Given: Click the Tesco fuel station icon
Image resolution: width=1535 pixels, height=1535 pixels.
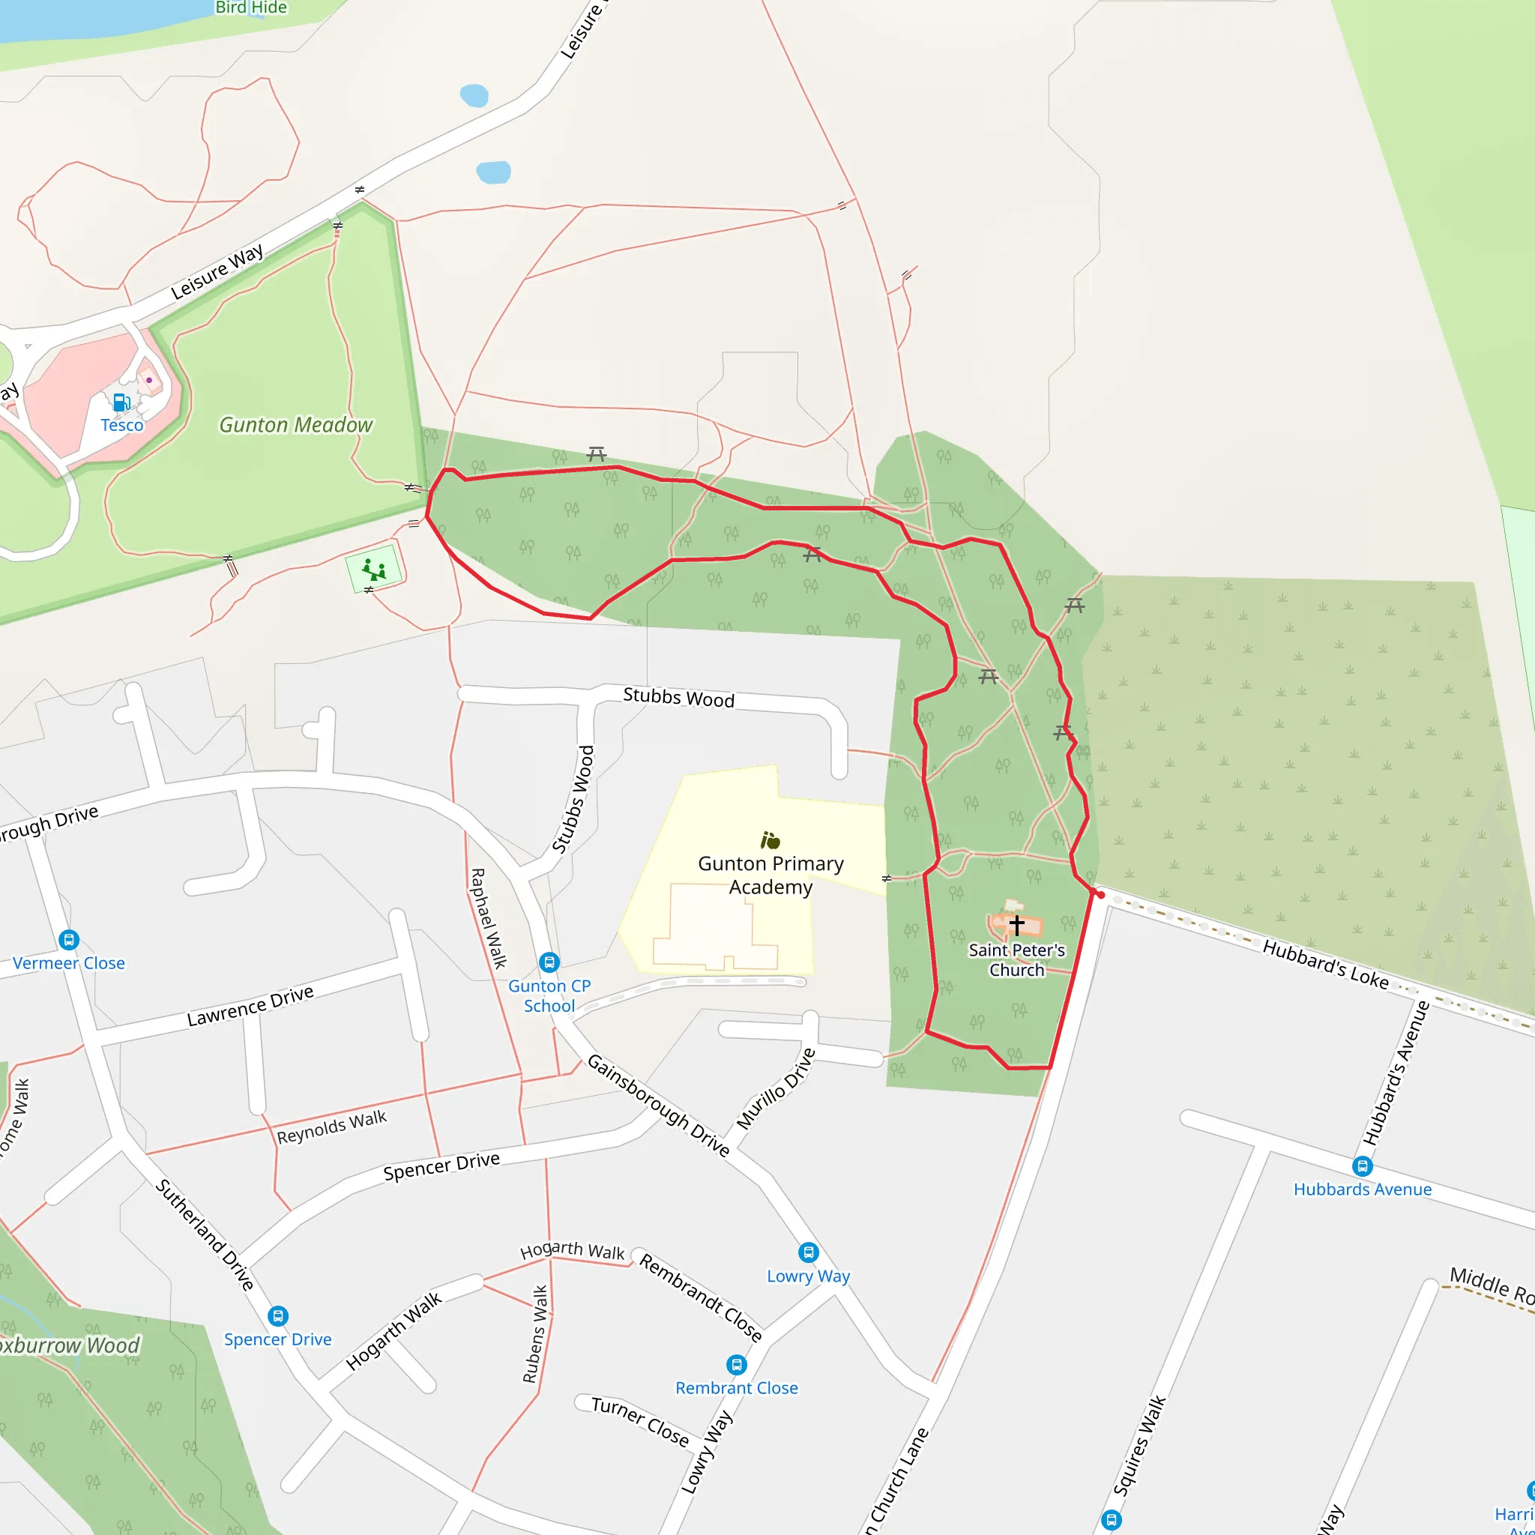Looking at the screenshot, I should pos(121,402).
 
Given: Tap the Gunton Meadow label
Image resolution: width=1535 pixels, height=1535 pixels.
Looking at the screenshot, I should pos(295,425).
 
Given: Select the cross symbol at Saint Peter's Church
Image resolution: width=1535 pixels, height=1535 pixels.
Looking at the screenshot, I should pos(1016,925).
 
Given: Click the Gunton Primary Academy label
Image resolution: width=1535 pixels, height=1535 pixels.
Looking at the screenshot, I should pos(770,875).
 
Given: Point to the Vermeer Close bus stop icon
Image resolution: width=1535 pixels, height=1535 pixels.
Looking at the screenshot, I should pos(69,940).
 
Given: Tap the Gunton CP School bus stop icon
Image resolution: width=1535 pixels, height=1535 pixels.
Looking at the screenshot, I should pos(549,962).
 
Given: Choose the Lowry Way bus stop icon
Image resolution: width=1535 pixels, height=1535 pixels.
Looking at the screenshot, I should pos(808,1253).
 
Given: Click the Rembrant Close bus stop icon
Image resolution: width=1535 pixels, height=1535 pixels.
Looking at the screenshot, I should pos(737,1365).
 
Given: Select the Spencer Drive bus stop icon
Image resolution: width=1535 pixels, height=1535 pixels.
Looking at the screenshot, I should pos(277,1316).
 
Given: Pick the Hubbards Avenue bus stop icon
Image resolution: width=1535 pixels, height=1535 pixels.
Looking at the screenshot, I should pos(1363,1166).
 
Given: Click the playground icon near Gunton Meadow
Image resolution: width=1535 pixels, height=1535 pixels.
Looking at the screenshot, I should pos(373,570).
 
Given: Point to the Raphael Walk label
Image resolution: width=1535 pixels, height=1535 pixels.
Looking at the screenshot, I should pos(489,918).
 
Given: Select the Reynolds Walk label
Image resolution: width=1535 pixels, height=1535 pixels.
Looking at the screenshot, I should pos(331,1127).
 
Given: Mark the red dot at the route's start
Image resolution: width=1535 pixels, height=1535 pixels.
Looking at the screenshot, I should pos(1100,896).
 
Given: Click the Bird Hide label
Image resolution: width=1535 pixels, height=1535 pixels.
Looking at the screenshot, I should pos(251,8).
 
